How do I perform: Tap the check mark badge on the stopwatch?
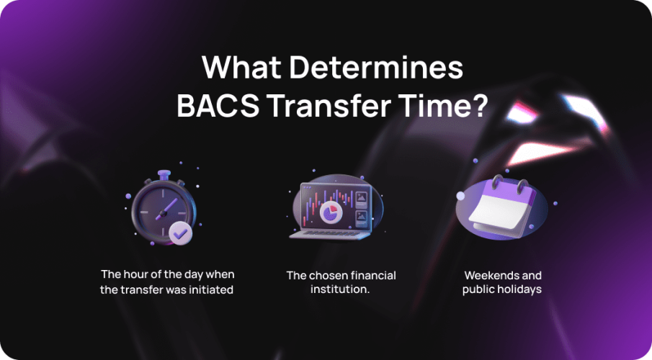point(180,233)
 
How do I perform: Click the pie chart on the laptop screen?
point(331,212)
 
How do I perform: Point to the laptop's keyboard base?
point(328,234)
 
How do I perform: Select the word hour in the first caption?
point(134,275)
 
